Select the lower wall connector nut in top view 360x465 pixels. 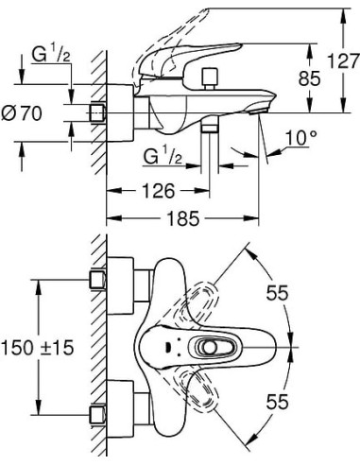tap(96, 412)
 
